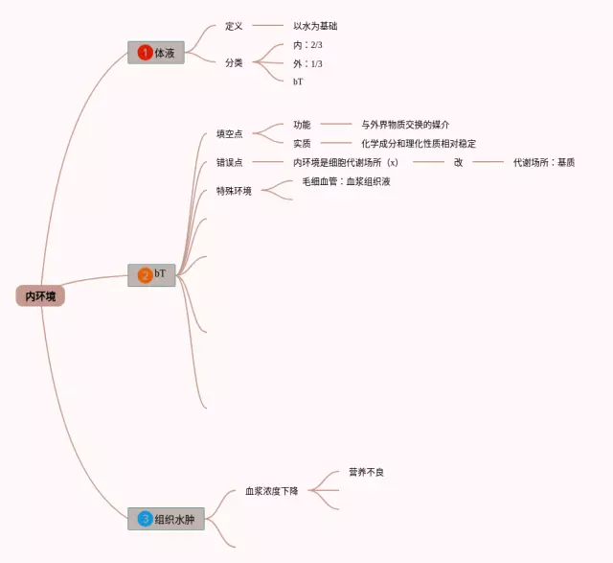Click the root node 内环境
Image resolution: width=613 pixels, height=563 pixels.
click(40, 296)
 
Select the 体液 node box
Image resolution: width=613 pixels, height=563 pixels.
click(155, 53)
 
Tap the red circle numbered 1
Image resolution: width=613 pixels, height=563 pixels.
click(145, 53)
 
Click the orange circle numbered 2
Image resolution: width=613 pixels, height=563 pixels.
click(145, 275)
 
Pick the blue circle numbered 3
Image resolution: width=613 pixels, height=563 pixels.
click(145, 519)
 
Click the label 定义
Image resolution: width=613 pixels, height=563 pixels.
click(234, 26)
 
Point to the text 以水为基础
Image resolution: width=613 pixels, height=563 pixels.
click(315, 26)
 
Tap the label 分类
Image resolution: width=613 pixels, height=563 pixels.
click(234, 62)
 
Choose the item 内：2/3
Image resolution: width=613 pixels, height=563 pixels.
click(307, 45)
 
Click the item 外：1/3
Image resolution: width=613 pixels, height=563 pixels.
click(307, 63)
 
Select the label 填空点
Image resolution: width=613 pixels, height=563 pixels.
click(229, 133)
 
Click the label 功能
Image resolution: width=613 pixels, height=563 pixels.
click(302, 125)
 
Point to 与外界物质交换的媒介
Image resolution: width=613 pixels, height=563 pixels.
click(405, 125)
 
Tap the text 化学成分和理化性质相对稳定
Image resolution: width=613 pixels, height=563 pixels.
click(419, 143)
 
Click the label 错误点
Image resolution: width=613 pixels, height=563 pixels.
click(229, 162)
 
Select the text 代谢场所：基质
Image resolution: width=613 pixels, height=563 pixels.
click(543, 162)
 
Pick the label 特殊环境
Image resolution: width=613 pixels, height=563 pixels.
click(235, 191)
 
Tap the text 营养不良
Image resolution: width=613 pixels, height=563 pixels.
click(366, 472)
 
